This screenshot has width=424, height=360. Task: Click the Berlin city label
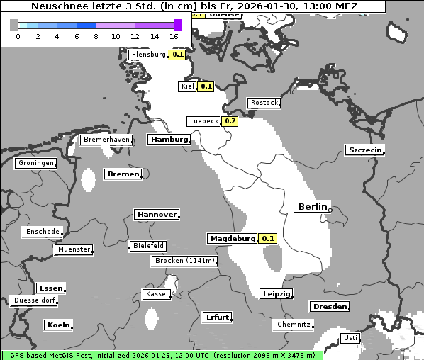pos(312,206)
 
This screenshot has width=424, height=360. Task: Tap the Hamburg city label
pos(169,140)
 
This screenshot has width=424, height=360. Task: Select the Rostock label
pos(264,103)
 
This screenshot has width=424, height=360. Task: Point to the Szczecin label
pos(365,150)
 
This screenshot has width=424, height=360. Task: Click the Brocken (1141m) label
pos(184,261)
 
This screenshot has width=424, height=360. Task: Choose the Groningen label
pos(36,163)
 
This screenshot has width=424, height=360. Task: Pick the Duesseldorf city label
pos(34,300)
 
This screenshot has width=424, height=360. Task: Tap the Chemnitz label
pos(293,325)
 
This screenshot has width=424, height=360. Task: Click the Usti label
pos(350,338)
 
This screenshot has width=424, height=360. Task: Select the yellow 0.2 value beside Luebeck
pos(230,121)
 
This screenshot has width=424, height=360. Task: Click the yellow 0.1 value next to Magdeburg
pos(268,239)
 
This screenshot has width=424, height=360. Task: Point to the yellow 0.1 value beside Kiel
pos(206,86)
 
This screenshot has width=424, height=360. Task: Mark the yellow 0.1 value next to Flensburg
pos(177,55)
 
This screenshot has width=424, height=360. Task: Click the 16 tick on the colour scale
pos(174,36)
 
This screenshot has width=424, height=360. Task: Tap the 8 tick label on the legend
pos(96,36)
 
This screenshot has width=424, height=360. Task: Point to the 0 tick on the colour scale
pos(18,36)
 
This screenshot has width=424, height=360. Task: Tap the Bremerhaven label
pos(106,140)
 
